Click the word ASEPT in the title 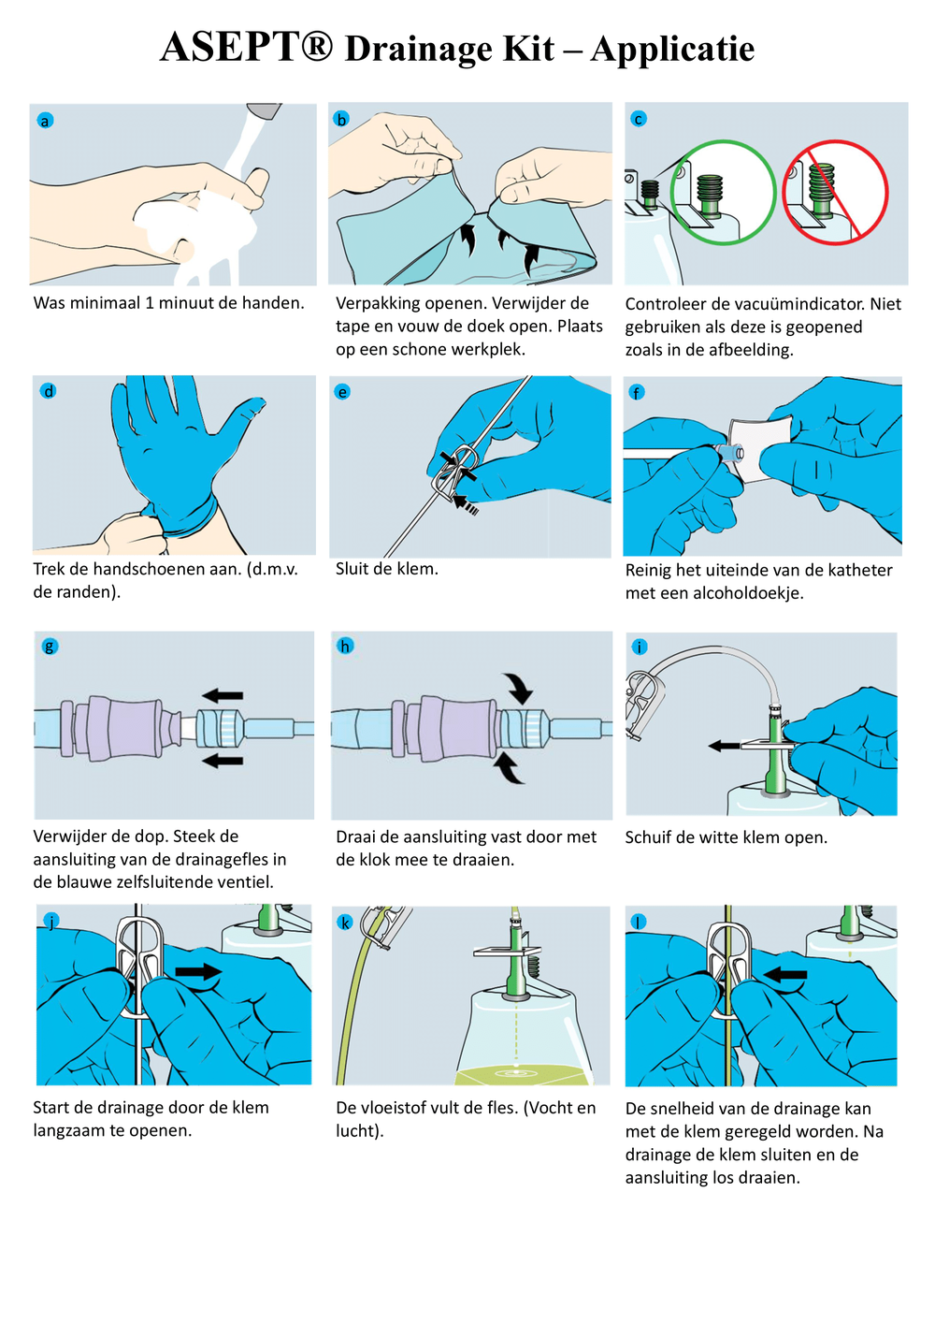(246, 48)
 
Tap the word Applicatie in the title (672, 50)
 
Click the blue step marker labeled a (45, 121)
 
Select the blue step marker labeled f (637, 392)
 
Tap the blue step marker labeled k (345, 923)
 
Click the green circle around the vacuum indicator (723, 192)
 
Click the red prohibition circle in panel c (835, 192)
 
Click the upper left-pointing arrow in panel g (223, 696)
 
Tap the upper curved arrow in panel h (517, 688)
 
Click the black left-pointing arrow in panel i (724, 746)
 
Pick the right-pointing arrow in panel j (198, 972)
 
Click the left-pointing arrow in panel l (785, 975)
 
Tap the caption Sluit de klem (387, 569)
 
